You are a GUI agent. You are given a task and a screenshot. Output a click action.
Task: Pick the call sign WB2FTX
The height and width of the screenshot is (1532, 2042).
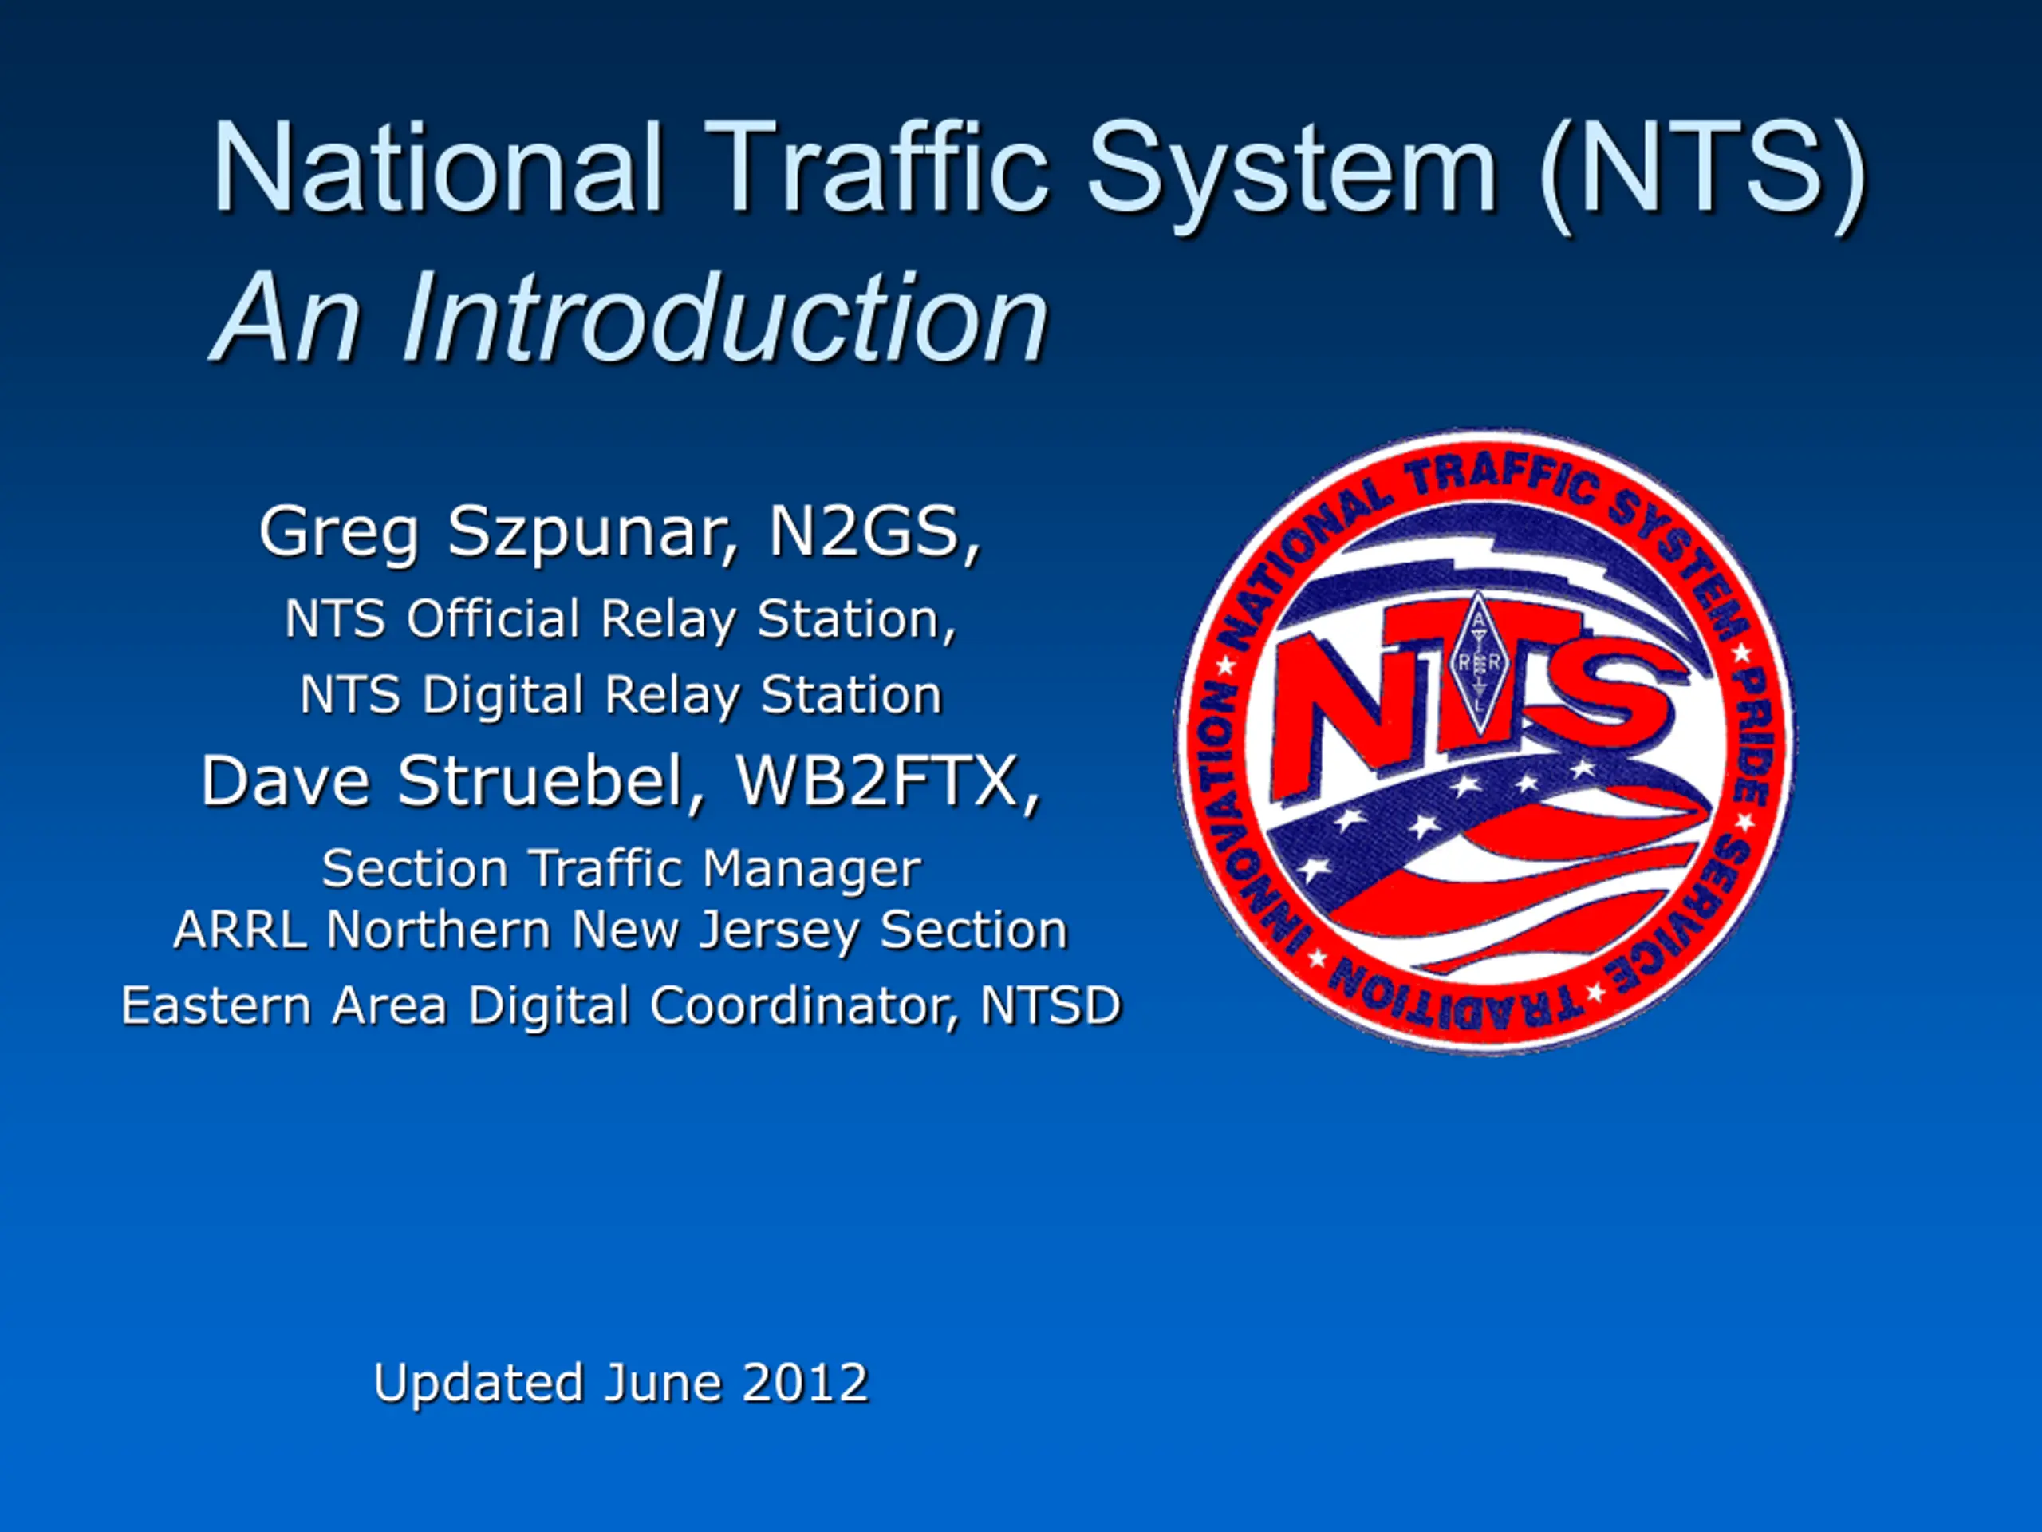click(x=887, y=782)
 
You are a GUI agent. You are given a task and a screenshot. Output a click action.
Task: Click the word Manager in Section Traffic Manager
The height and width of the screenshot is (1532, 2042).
click(x=810, y=870)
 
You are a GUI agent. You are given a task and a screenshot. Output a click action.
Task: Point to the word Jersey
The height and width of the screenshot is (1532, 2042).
click(x=779, y=931)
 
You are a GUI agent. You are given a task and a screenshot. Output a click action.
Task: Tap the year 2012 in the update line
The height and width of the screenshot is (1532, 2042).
click(x=805, y=1383)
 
